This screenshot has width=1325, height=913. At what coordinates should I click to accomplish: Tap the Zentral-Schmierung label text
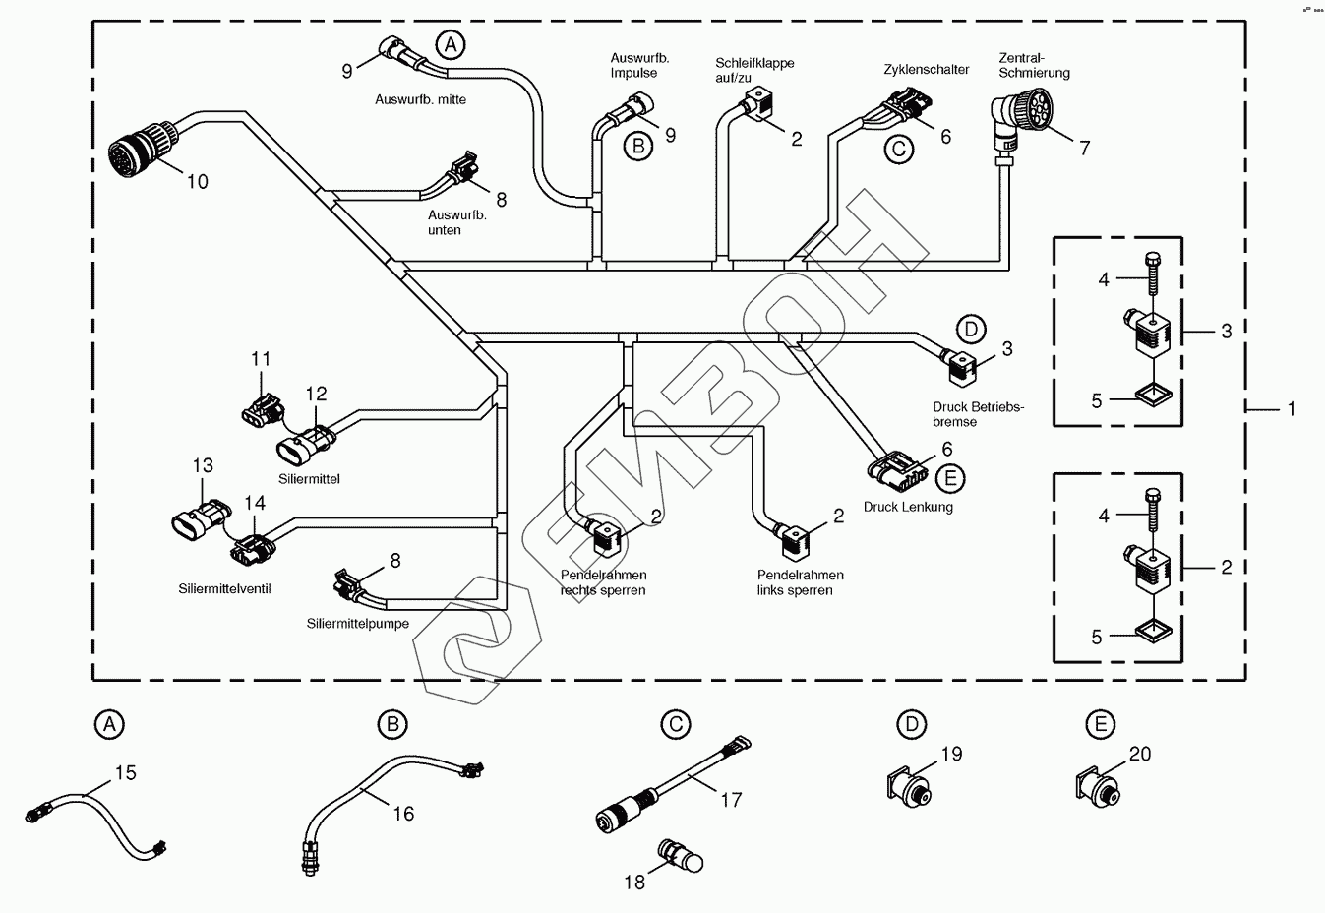point(1033,65)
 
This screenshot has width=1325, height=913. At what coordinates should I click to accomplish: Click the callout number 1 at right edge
point(1292,408)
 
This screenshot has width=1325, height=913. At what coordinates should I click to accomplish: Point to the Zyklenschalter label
point(926,70)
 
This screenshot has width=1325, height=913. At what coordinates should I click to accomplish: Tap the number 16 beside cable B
point(403,814)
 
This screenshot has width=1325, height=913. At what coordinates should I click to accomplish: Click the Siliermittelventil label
point(224,589)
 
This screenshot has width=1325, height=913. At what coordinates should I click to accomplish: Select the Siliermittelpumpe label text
point(357,624)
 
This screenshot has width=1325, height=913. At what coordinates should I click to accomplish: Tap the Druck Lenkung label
point(908,507)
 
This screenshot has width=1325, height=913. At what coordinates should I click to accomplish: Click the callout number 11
point(260,359)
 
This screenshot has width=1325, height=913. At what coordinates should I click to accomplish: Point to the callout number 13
point(203,465)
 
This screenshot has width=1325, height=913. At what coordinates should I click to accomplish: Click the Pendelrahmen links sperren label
point(800,582)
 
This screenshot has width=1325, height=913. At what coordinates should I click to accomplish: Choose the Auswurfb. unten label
point(456,222)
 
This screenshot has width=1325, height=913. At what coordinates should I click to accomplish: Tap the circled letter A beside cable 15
point(109,725)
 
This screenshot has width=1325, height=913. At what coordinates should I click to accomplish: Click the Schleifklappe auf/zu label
point(754,70)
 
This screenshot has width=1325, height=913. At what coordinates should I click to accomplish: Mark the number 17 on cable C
point(731,800)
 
